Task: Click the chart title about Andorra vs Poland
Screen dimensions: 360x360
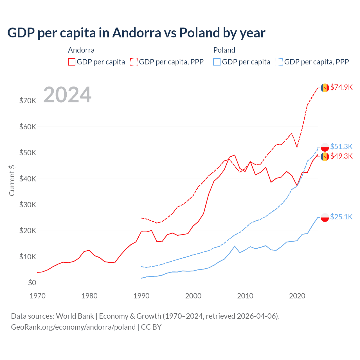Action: [136, 33]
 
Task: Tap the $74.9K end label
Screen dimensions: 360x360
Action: [341, 87]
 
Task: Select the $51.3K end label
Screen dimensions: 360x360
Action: [341, 147]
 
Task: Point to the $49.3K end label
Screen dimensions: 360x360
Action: [341, 156]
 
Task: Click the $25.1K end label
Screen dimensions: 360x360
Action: [341, 217]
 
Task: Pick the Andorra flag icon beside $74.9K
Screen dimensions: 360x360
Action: [325, 88]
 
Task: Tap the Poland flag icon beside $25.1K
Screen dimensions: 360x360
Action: [325, 217]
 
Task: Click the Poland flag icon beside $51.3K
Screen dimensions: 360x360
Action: [325, 147]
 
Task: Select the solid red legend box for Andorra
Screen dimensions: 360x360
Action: [72, 62]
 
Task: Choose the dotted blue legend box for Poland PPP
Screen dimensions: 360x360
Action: [279, 62]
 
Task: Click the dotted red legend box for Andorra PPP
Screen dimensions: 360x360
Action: [134, 62]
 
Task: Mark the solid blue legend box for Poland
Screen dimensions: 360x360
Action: [217, 62]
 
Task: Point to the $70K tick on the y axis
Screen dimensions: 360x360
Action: [28, 101]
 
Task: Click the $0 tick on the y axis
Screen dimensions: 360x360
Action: [32, 283]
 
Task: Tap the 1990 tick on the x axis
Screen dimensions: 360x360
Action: [141, 296]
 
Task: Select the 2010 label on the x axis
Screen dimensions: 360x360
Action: [245, 296]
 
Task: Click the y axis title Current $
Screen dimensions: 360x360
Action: [12, 180]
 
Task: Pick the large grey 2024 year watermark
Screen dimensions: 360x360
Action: [67, 95]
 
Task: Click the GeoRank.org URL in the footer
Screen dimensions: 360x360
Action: [73, 327]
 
